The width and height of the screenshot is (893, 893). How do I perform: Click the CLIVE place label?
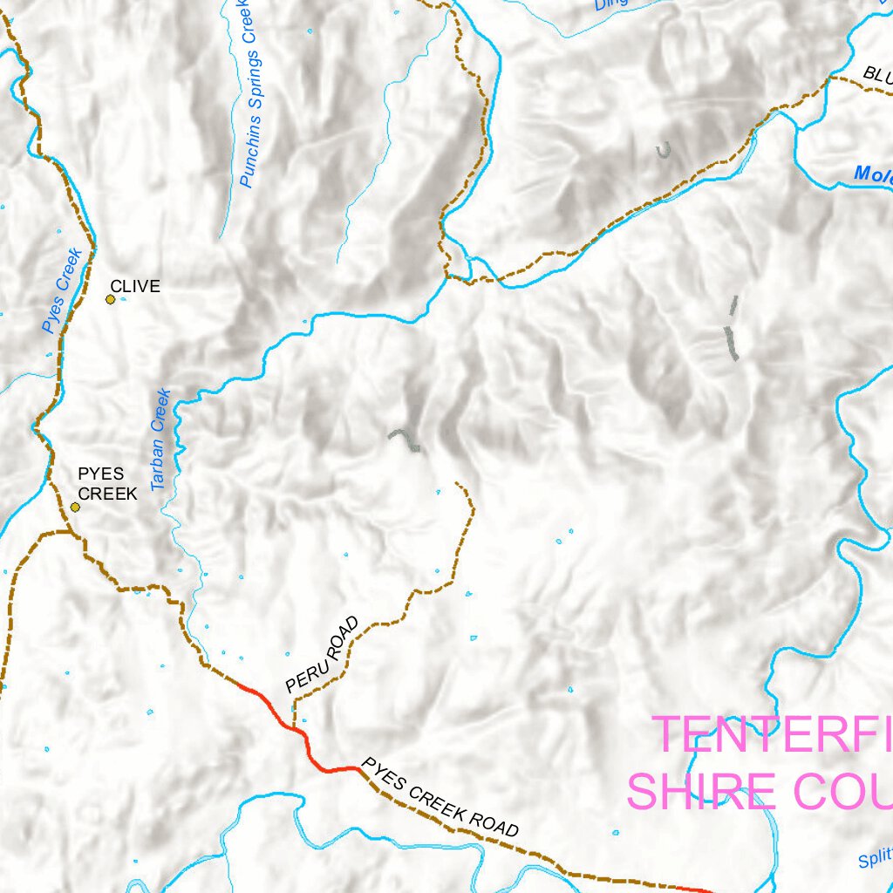tap(135, 286)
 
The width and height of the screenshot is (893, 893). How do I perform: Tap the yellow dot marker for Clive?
tap(111, 300)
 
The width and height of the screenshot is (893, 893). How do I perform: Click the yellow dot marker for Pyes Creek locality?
tap(76, 507)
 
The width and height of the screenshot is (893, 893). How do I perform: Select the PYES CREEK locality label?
tap(107, 484)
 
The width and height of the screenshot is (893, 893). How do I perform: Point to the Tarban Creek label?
tap(160, 440)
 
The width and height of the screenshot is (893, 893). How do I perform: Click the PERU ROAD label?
tap(322, 655)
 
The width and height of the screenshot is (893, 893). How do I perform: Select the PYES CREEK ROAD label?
tap(440, 797)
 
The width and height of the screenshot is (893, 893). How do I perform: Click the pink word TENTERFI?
tap(772, 734)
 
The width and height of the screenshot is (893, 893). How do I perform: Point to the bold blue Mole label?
tap(872, 174)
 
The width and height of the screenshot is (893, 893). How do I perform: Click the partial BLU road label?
tap(876, 75)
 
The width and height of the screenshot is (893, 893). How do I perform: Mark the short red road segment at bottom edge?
tap(693, 889)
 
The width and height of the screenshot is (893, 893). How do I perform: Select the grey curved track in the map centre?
tap(405, 438)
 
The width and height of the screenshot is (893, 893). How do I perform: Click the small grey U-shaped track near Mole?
tap(665, 152)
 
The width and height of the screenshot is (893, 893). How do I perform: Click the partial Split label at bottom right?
tap(875, 860)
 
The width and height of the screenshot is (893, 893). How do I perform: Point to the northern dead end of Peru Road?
tap(457, 483)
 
